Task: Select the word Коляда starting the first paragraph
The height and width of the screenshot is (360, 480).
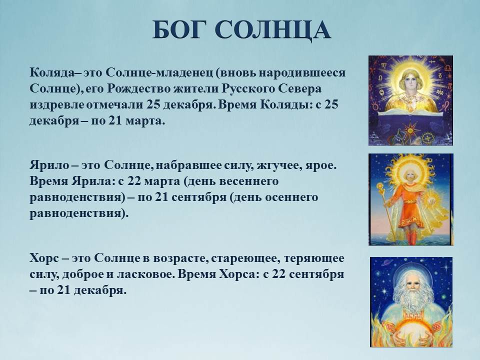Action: pos(52,73)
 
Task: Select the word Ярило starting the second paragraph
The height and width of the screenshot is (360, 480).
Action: pos(49,165)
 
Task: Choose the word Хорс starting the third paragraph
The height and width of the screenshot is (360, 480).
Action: pos(44,258)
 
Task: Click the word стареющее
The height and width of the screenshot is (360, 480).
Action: pos(245,258)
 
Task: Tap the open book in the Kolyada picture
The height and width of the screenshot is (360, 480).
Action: pos(410,113)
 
